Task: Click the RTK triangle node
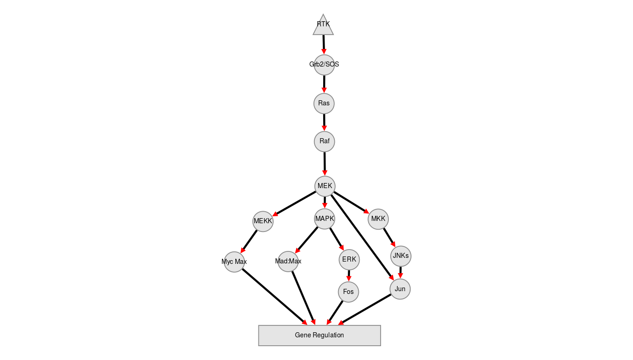[323, 26]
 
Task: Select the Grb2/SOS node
[324, 65]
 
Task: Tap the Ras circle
[324, 104]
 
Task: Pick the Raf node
[325, 141]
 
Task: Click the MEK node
[325, 186]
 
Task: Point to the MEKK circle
[263, 221]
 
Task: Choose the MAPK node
[325, 219]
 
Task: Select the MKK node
[378, 219]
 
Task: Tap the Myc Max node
[234, 262]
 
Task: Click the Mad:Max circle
[288, 262]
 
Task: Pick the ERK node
[349, 259]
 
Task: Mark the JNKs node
[401, 256]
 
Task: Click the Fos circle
[349, 292]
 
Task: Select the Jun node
[400, 289]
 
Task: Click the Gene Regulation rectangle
[320, 336]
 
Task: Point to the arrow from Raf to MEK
[325, 164]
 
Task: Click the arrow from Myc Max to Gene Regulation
[275, 297]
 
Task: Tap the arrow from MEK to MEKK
[294, 204]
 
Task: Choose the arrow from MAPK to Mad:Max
[306, 240]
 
